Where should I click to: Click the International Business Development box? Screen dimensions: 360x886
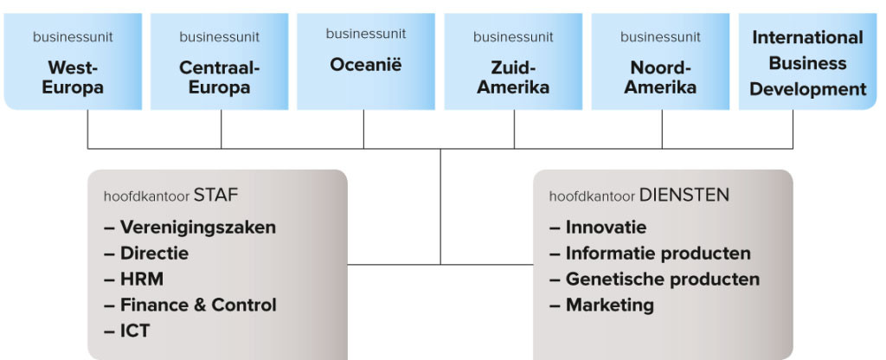click(x=807, y=62)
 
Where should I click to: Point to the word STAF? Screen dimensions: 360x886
click(x=216, y=196)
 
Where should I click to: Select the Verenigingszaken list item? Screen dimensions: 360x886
click(x=197, y=228)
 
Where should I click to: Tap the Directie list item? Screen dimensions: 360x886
click(x=154, y=254)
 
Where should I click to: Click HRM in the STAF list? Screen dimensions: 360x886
click(x=142, y=279)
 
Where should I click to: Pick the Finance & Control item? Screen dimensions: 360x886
click(x=198, y=305)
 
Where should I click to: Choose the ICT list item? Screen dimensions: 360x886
click(x=135, y=331)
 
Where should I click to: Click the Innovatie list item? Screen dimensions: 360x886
click(x=606, y=228)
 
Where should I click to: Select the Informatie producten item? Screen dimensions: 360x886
click(x=658, y=254)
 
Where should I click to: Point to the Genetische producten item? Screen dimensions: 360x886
click(x=662, y=279)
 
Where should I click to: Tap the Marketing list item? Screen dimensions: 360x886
click(x=609, y=305)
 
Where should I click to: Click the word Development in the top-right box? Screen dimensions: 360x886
click(x=807, y=89)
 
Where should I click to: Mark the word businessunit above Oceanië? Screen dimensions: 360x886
click(x=365, y=35)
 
